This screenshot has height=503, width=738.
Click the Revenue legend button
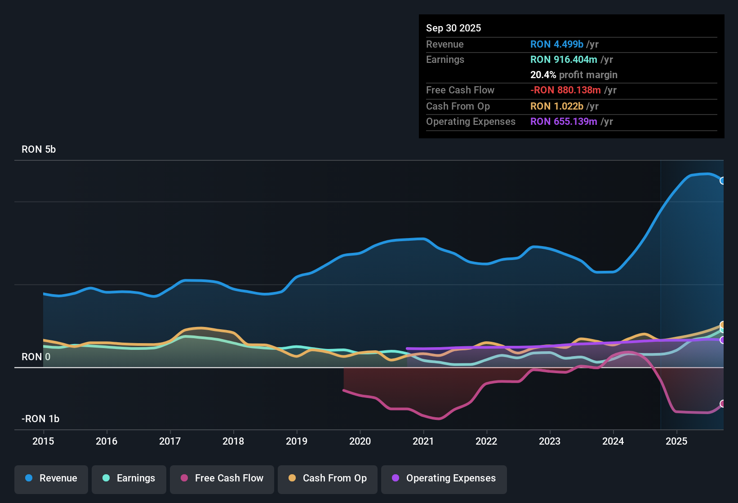coord(51,478)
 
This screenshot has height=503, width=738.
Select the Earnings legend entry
coord(129,478)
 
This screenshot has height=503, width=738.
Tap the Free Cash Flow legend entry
coord(222,478)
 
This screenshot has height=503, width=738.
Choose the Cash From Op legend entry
coord(328,478)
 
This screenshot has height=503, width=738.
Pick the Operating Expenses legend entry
coord(444,478)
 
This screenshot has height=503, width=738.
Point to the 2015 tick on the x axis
coord(43,441)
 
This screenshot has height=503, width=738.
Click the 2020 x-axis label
coord(360,441)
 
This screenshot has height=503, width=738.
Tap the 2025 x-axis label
coord(676,441)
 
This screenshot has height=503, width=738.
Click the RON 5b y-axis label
coord(39,150)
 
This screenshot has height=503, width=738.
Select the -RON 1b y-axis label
coord(40,419)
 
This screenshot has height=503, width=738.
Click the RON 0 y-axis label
coord(36,357)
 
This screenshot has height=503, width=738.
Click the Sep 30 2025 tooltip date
coord(453,28)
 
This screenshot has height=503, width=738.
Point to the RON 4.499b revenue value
coord(557,44)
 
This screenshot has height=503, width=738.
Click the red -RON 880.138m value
coord(565,90)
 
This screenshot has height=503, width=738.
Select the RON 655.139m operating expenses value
coord(564,122)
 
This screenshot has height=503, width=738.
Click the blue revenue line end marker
coord(723,181)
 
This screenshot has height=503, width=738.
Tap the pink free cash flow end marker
coord(723,404)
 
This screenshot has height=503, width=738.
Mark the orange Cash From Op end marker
coord(723,325)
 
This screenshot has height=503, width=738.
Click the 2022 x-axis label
coord(486,441)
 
